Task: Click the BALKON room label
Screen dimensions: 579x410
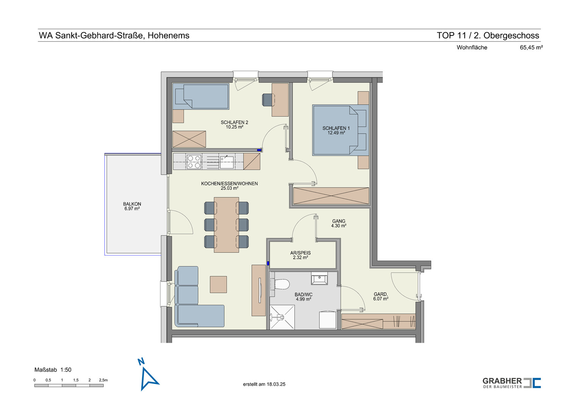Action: (132, 204)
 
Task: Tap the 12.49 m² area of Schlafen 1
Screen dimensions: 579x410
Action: (336, 133)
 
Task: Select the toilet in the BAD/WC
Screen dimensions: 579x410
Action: (280, 284)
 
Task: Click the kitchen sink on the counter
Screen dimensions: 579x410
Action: (227, 162)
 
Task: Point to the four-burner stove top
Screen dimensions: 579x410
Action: (194, 162)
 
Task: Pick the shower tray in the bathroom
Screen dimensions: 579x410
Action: (282, 317)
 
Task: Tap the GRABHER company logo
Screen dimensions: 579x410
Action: (512, 383)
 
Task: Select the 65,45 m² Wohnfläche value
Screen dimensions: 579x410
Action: (531, 47)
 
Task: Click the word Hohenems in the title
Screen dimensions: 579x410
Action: (168, 35)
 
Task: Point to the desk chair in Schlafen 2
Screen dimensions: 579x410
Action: (268, 100)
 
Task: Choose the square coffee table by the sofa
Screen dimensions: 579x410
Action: (218, 284)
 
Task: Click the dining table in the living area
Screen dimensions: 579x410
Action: (226, 225)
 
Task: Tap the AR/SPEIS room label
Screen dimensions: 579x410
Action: (300, 253)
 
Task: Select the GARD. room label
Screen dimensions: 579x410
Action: (381, 294)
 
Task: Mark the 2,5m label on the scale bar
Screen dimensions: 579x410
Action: (103, 380)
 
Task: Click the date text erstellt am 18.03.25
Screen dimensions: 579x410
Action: (264, 384)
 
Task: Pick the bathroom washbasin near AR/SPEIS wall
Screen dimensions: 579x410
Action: (319, 279)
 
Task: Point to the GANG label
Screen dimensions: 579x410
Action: (339, 221)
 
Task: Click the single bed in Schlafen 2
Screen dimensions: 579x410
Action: (201, 96)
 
